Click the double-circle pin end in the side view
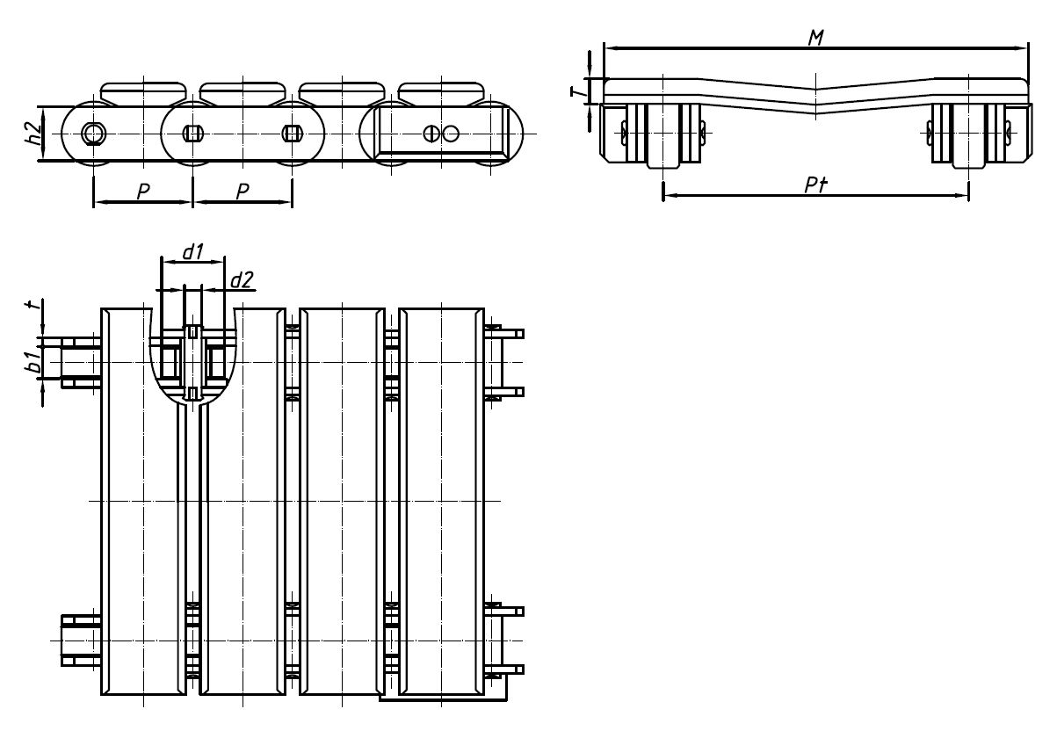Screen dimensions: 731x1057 [x=93, y=133]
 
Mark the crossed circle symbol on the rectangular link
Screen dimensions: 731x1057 [x=431, y=133]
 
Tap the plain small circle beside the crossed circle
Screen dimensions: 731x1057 [x=451, y=133]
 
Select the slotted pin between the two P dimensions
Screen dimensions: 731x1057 [x=193, y=133]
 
